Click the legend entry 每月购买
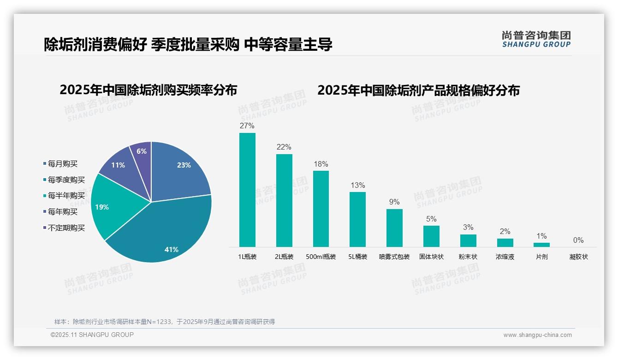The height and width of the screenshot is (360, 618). pyautogui.click(x=63, y=164)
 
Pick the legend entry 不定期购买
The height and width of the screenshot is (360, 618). pyautogui.click(x=66, y=228)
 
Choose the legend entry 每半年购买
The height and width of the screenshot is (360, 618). pyautogui.click(x=66, y=196)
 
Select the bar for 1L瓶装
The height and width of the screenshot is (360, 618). pyautogui.click(x=247, y=190)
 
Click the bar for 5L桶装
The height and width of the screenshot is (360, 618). pyautogui.click(x=357, y=219)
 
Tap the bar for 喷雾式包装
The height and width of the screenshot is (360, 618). pyautogui.click(x=394, y=228)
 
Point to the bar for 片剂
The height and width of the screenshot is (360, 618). pyautogui.click(x=542, y=245)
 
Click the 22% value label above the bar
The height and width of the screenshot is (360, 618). pyautogui.click(x=284, y=147)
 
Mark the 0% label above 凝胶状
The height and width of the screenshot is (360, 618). pyautogui.click(x=578, y=240)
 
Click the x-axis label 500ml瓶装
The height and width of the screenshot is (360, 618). pyautogui.click(x=321, y=257)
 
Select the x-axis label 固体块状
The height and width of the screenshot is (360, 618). pyautogui.click(x=431, y=257)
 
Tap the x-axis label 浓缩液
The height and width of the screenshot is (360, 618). pyautogui.click(x=505, y=257)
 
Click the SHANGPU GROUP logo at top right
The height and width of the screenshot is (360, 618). pyautogui.click(x=536, y=39)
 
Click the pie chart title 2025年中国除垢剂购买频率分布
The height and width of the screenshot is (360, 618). pyautogui.click(x=148, y=90)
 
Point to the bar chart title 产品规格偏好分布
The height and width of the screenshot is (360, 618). pyautogui.click(x=418, y=90)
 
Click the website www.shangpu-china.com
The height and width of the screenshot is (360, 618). pyautogui.click(x=537, y=335)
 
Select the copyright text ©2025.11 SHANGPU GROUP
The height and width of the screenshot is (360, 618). pyautogui.click(x=92, y=335)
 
